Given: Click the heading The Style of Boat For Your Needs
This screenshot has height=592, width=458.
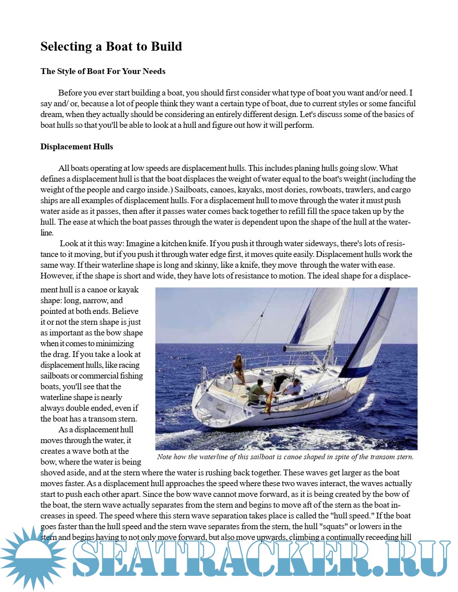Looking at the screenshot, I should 103,71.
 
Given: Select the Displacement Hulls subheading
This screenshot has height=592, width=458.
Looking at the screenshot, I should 77,147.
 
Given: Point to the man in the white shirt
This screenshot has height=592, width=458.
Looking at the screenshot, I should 294,387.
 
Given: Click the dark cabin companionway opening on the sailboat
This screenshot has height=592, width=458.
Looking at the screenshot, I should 281,381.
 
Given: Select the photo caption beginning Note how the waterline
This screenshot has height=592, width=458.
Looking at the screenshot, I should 285,457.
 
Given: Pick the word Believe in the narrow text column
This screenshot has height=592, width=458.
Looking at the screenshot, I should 125,311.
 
